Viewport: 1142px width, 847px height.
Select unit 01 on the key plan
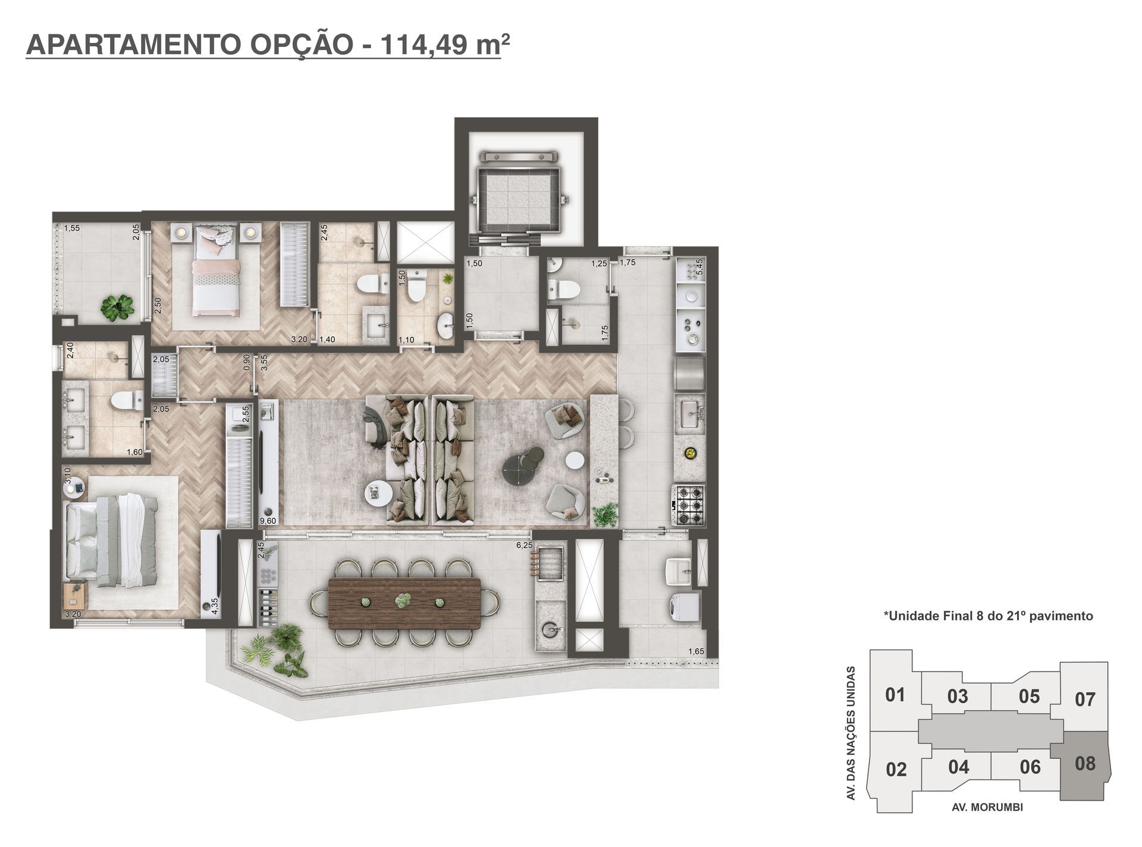tap(895, 694)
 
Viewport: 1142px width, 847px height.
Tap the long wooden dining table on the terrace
tap(404, 603)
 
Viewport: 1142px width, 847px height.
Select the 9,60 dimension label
tap(269, 521)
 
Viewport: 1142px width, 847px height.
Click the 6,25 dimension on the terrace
tap(524, 545)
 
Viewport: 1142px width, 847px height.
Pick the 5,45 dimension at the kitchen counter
tap(699, 266)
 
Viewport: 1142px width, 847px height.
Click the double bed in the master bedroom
tap(111, 540)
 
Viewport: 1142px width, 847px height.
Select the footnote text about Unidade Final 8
tap(988, 616)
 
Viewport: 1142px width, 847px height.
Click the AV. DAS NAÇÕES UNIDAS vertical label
tap(852, 733)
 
